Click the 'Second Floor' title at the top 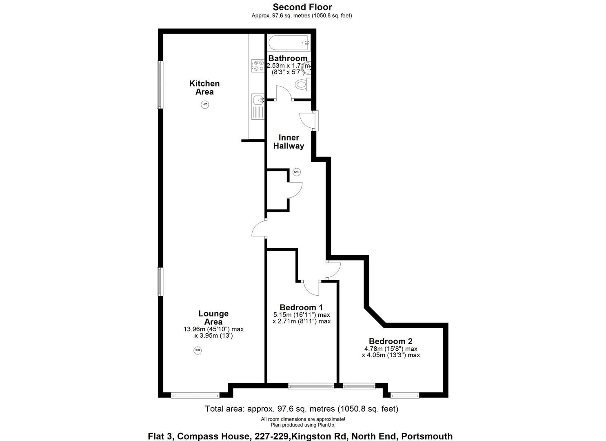[302, 7]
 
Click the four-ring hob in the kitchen [258, 66]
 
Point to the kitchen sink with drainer [258, 106]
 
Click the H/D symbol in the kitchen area [205, 105]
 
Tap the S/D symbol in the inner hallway [297, 172]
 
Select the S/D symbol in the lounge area [198, 350]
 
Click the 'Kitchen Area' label [204, 87]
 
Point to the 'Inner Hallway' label [289, 142]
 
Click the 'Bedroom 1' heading [301, 307]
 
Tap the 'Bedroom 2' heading [391, 341]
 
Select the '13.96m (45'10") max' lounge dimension [213, 329]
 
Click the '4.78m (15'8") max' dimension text [391, 349]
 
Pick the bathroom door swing [283, 94]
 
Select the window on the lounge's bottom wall [195, 395]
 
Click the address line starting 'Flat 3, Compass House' [300, 436]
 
